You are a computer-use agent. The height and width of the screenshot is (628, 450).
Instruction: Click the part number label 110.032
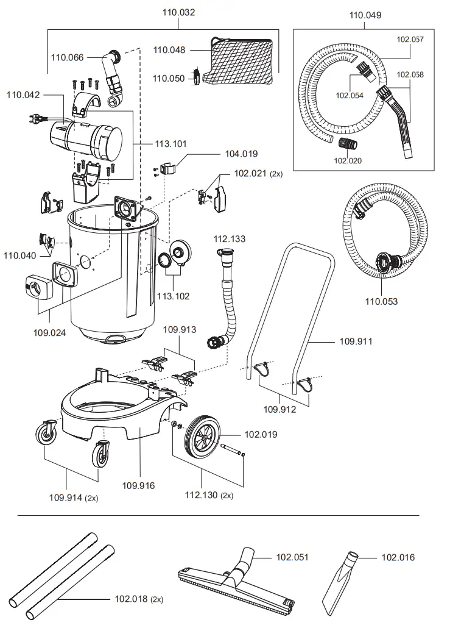[x=178, y=12]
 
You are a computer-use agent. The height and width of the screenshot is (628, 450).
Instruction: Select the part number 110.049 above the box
[x=365, y=15]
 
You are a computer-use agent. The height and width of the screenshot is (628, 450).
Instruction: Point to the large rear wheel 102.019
[x=205, y=436]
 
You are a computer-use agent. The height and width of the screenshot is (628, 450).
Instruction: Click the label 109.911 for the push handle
[x=356, y=341]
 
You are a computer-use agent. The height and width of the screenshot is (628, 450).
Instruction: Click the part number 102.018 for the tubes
[x=132, y=599]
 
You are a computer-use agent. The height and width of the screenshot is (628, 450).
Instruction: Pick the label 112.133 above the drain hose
[x=230, y=239]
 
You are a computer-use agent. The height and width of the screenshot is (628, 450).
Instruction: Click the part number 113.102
[x=173, y=296]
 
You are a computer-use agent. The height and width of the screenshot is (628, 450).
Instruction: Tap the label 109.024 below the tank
[x=50, y=333]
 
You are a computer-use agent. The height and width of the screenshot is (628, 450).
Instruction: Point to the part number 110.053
[x=381, y=301]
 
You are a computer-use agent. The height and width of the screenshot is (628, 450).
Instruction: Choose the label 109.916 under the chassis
[x=138, y=485]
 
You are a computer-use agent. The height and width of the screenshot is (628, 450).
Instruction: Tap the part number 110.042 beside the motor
[x=23, y=95]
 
